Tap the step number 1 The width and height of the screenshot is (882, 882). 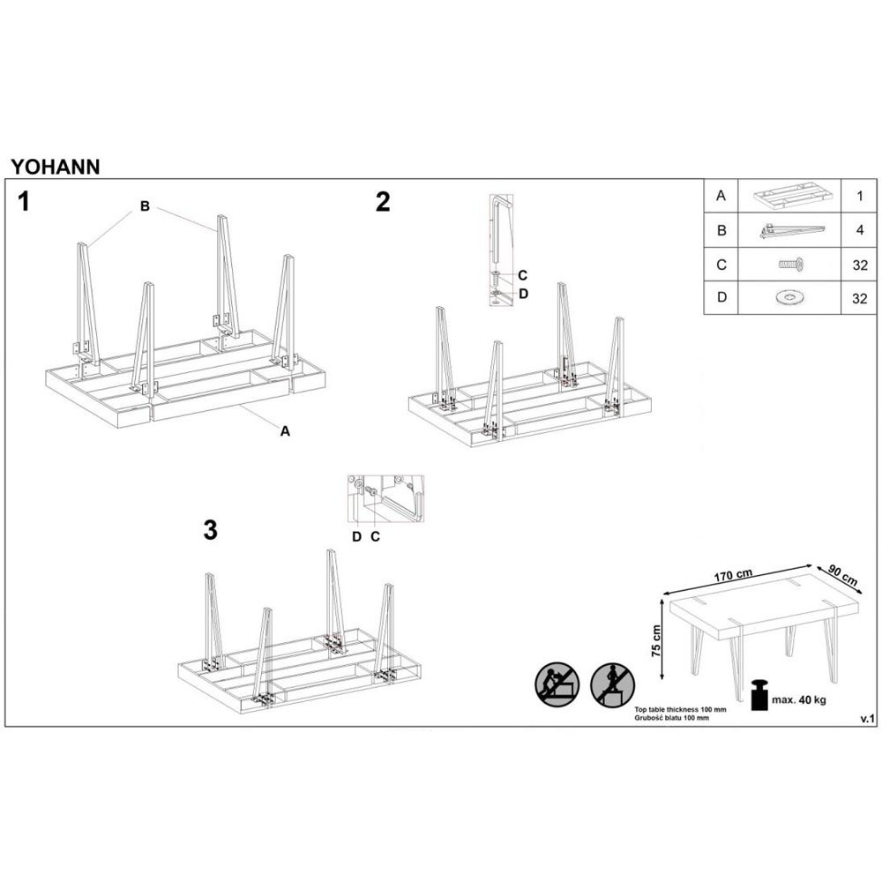click(25, 203)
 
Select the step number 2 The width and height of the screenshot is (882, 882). click(382, 203)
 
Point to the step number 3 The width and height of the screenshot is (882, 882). click(210, 530)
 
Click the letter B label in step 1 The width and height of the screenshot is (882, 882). click(145, 206)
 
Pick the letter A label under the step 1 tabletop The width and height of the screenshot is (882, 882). click(285, 431)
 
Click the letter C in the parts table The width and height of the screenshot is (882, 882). click(721, 264)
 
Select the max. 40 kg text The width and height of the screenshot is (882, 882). click(800, 700)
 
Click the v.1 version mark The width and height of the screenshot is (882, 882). click(866, 720)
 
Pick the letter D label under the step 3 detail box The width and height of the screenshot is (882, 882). click(357, 535)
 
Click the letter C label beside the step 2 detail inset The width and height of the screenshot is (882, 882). click(522, 274)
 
